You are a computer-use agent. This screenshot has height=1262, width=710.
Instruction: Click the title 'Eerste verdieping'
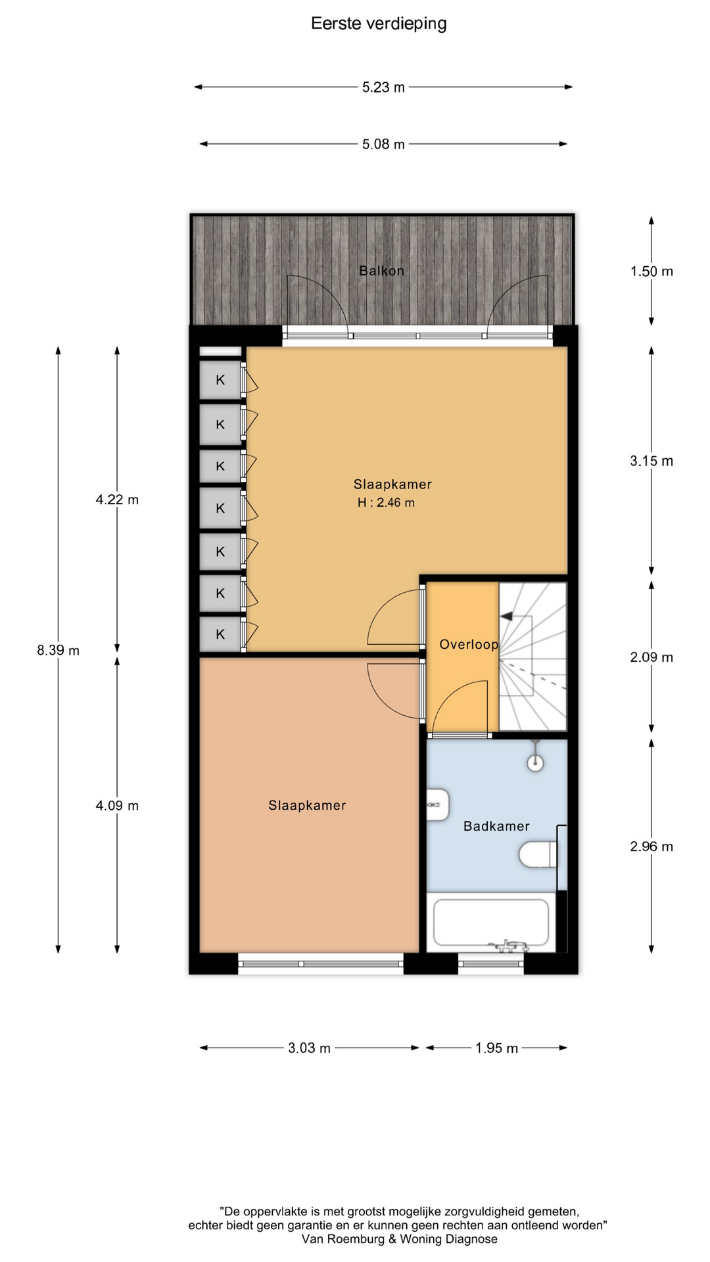point(379,24)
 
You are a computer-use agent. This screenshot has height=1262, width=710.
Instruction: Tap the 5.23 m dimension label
point(383,87)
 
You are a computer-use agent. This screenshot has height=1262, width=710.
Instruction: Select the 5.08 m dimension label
point(383,145)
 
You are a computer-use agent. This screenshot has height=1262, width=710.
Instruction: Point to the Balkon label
point(381,271)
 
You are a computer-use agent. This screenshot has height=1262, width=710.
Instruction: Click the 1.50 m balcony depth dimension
point(651,271)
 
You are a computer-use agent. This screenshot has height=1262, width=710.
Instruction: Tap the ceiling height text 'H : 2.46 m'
point(386,503)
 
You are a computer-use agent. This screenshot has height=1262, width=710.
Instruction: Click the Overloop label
point(469,645)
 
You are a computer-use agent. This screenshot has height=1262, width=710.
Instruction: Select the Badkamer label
point(496,826)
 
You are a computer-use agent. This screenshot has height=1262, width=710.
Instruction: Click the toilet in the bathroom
point(538,855)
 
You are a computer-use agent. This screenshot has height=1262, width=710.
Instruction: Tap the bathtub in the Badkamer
point(491,922)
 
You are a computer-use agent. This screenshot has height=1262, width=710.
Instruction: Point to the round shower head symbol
point(536,763)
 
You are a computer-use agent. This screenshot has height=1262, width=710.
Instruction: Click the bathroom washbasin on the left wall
point(438,805)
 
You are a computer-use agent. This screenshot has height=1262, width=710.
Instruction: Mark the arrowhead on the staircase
point(506,617)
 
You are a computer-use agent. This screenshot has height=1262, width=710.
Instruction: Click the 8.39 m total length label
point(58,651)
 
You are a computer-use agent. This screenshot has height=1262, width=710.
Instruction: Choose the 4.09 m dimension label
point(117,806)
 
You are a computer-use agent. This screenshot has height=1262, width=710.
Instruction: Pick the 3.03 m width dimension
point(309,1048)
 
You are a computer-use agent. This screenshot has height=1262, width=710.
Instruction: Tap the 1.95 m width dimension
point(496,1048)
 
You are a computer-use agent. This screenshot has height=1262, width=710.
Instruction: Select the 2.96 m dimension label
point(651,847)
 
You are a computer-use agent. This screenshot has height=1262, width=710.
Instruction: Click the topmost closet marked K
point(220,380)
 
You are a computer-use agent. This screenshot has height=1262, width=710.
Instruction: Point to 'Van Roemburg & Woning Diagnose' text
point(400,1239)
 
